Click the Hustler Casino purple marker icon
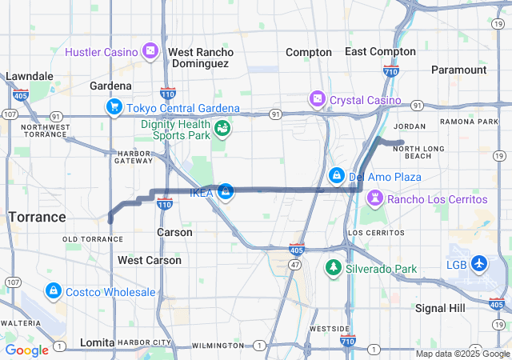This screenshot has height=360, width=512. pos(150,52)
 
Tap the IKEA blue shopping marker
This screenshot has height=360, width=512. pos(226,191)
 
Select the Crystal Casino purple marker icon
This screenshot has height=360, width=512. pos(318,99)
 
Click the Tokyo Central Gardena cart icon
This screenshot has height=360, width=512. pos(114,107)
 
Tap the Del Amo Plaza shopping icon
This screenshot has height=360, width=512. pos(336,175)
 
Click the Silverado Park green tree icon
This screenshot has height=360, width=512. pos(333,268)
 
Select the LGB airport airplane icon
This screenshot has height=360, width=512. pos(479,263)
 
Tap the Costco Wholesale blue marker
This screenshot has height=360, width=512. pos(54,291)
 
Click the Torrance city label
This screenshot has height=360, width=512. pos(37,217)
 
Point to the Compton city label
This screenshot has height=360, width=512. pos(309,52)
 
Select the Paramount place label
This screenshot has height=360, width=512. pos(458,70)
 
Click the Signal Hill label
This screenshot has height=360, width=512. pos(440,308)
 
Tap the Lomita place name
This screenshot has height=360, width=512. pos(97,342)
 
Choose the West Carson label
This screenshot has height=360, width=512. pos(149,260)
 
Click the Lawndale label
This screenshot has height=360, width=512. pos(30,77)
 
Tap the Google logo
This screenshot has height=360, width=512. pos(26,350)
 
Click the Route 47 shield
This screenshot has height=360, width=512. pos(295,264)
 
